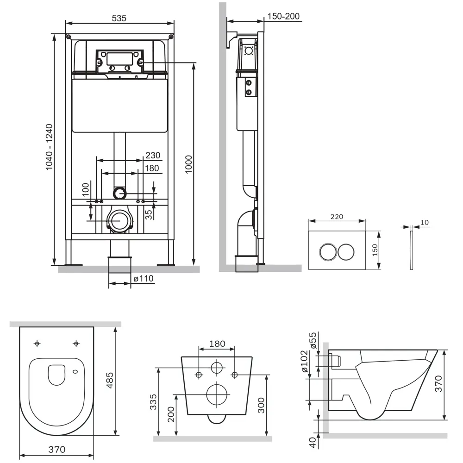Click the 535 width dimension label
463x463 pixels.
(x=119, y=18)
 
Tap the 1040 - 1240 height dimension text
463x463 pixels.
(x=49, y=147)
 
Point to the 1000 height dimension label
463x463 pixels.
(x=188, y=164)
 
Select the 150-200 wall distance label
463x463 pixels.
(x=283, y=16)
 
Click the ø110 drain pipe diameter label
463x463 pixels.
(x=144, y=278)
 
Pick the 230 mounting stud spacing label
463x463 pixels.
(x=153, y=155)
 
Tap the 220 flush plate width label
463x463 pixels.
(x=337, y=216)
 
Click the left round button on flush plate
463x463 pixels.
(x=327, y=252)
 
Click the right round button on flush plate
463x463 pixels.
(x=346, y=252)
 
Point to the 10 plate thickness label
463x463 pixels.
(x=424, y=222)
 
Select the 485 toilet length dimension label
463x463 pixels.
(x=110, y=380)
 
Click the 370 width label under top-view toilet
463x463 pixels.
(x=56, y=449)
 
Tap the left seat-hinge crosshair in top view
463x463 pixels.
(x=37, y=344)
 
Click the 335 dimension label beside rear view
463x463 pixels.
(x=153, y=402)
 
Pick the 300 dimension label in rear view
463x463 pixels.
(x=261, y=405)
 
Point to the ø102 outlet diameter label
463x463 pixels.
(x=305, y=362)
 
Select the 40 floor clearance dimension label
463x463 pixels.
(x=313, y=442)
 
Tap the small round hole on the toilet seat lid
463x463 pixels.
(x=75, y=371)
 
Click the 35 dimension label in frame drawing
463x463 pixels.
(x=149, y=214)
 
